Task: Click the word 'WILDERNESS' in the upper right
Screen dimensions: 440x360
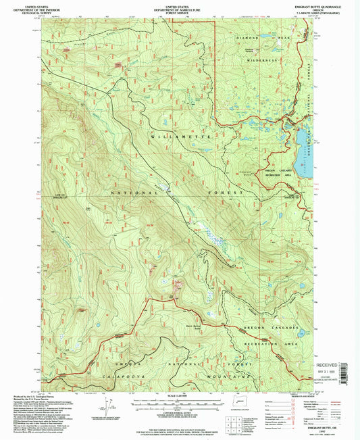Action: coord(261,60)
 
